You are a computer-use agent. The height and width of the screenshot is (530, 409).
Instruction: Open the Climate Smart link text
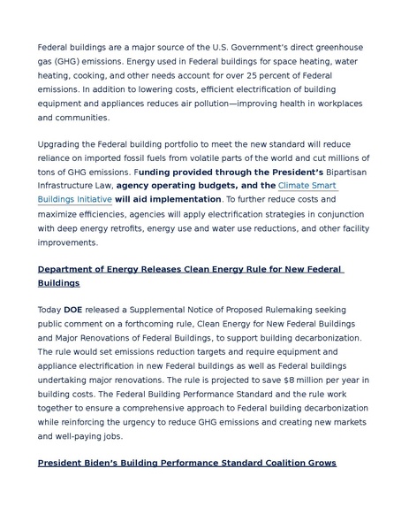pos(307,186)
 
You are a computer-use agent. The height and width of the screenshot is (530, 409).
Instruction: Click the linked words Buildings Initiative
pos(74,200)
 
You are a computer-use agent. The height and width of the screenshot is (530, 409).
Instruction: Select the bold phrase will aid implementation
pos(168,200)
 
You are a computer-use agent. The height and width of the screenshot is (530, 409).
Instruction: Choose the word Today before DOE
pos(49,310)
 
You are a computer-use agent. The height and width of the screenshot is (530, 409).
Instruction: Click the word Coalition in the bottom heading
pos(269,463)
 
